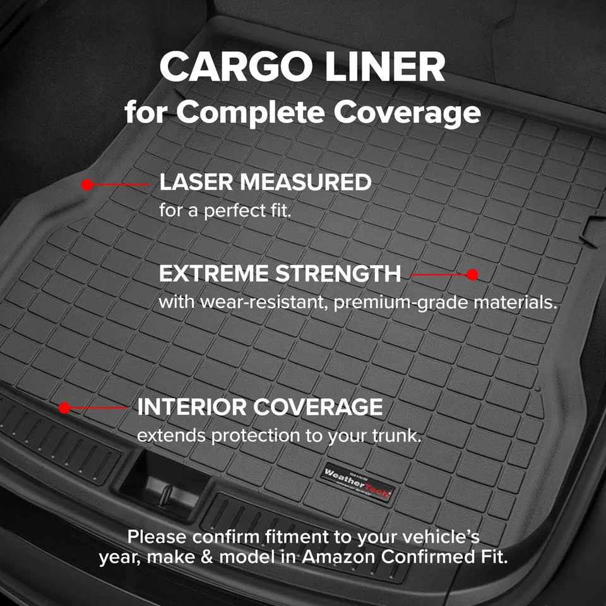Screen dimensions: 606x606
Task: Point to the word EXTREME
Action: [x=215, y=274]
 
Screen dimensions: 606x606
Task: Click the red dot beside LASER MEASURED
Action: [x=87, y=184]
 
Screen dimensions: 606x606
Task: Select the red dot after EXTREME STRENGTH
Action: [x=472, y=275]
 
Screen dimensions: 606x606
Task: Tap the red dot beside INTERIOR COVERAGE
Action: [x=64, y=408]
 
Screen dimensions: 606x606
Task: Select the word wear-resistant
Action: [x=264, y=302]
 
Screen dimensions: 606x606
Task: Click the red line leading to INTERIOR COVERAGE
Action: [x=98, y=408]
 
